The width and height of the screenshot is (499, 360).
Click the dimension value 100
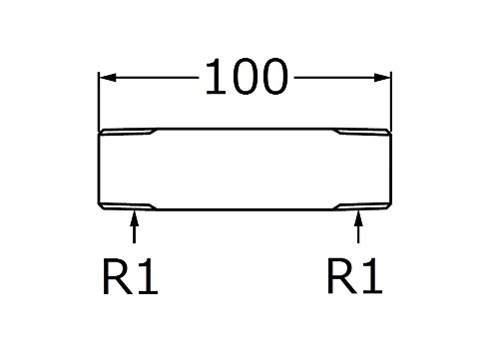pos(247,78)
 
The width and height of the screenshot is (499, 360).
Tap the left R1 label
pos(131,276)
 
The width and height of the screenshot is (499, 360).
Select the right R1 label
pos(355,276)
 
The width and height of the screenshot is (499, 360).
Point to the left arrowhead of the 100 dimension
pos(108,78)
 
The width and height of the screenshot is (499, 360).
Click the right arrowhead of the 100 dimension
pos(382,78)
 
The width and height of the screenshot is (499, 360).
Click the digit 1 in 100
pos(217,78)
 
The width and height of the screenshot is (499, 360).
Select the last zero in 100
pos(275,78)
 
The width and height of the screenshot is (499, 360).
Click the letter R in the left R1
pos(118,276)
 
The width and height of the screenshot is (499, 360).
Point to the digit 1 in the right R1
pos(372,276)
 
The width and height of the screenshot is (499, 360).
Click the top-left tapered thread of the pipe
pos(128,132)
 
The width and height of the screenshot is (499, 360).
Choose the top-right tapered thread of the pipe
pos(362,132)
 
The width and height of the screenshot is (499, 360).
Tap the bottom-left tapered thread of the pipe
pos(128,206)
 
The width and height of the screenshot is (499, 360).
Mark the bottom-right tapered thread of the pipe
pos(362,206)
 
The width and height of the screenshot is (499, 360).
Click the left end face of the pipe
pos(99,169)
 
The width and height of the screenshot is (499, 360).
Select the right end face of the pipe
pos(391,169)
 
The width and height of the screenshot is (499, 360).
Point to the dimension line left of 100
pos(149,78)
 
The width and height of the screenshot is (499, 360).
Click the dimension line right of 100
pos(342,78)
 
